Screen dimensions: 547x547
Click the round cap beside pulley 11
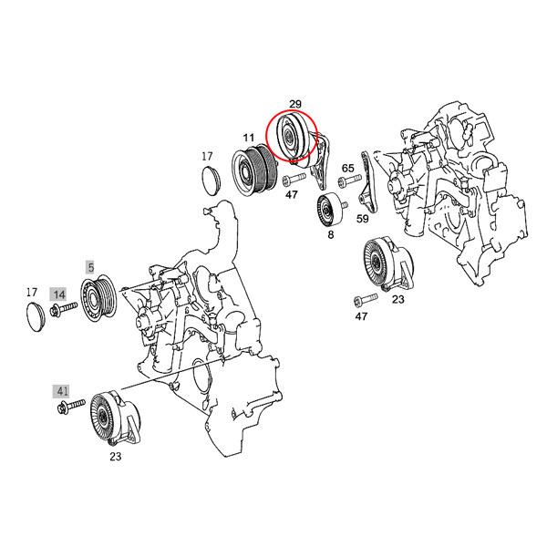(x=211, y=179)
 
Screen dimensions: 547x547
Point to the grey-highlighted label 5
(x=90, y=266)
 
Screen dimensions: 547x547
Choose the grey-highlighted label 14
(x=59, y=294)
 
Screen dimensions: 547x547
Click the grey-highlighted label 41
(x=63, y=390)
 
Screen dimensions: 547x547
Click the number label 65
(x=347, y=169)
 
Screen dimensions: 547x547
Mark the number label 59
(x=362, y=219)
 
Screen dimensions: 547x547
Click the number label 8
(x=330, y=235)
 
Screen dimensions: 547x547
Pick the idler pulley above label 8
(x=327, y=209)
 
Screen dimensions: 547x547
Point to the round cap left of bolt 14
(x=35, y=317)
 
